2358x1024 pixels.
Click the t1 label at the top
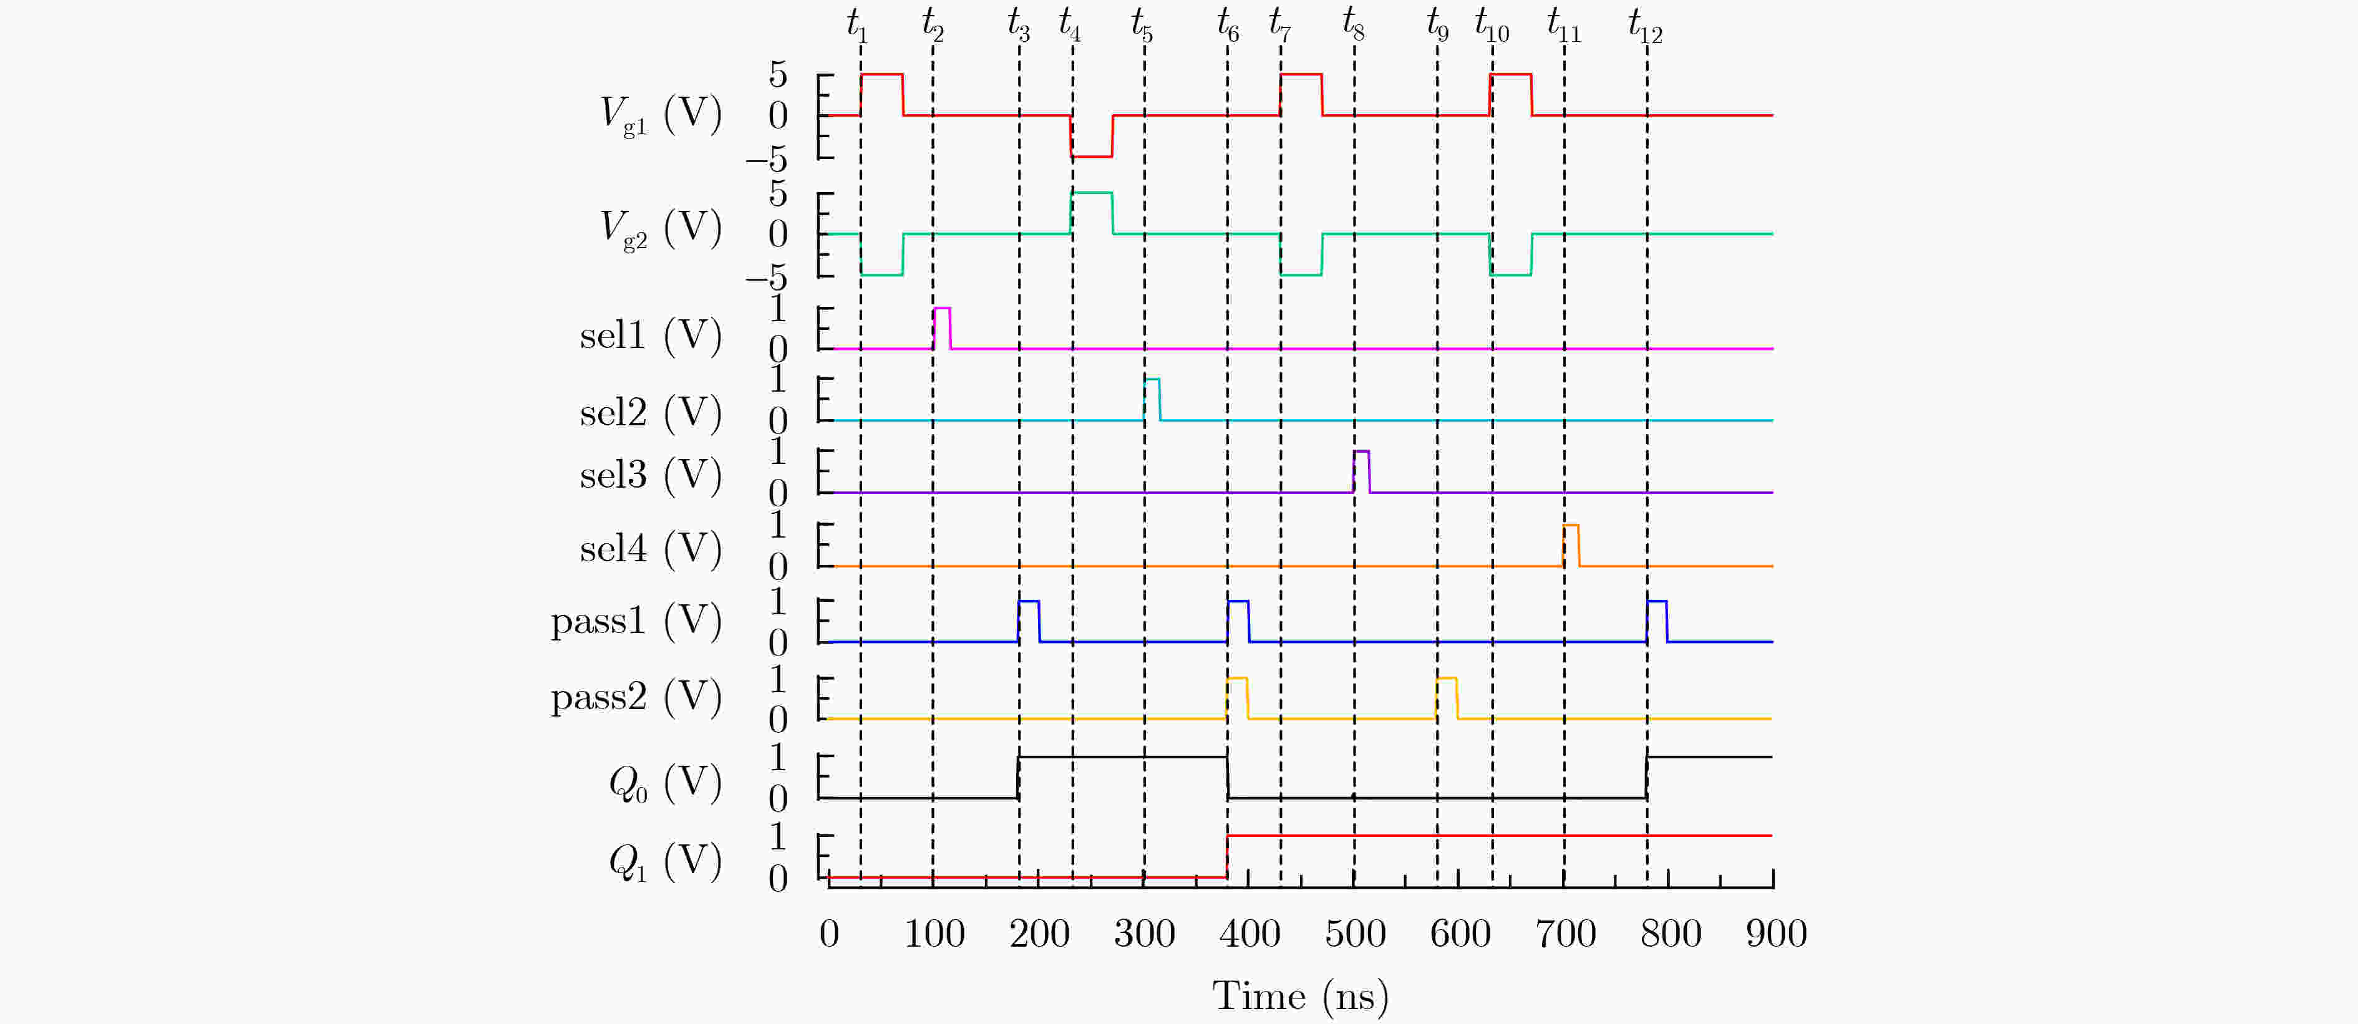tap(856, 26)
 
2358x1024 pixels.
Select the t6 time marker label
tap(1228, 26)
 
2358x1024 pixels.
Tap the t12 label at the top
tap(1645, 26)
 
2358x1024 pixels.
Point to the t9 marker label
tap(1437, 26)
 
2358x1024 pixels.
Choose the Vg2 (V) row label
tap(660, 229)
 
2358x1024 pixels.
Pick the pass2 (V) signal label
tap(635, 697)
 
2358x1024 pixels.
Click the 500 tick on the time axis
tap(1355, 934)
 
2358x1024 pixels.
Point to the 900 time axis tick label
tap(1776, 934)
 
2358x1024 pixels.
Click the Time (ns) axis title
tap(1300, 996)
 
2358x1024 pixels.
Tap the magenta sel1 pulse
tap(942, 327)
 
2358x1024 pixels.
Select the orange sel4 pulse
tap(1571, 546)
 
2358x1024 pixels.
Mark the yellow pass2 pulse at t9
tap(1446, 697)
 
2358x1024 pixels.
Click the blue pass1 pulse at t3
tap(1029, 621)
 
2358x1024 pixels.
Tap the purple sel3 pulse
tap(1361, 471)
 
